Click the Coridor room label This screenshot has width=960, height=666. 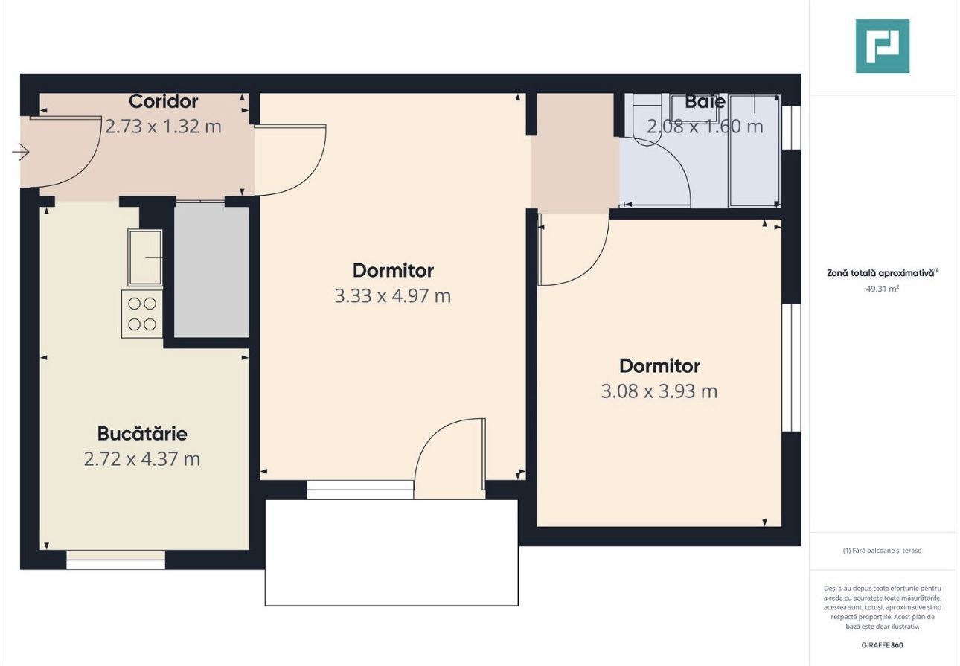click(163, 101)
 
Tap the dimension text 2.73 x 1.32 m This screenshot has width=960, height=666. click(163, 127)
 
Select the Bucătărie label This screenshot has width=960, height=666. click(142, 433)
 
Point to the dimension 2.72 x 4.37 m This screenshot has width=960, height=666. click(142, 458)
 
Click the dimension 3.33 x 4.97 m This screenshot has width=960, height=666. click(393, 296)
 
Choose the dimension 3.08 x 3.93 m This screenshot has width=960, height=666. click(659, 391)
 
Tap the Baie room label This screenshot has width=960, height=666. click(705, 102)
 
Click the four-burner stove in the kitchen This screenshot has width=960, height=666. click(142, 313)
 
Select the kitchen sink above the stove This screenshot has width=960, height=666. click(145, 257)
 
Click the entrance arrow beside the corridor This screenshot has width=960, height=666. click(21, 153)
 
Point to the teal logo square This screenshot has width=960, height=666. click(883, 46)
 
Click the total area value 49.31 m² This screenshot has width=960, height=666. click(882, 289)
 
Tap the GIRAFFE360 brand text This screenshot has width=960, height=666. click(882, 645)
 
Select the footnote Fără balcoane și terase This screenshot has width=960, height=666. click(882, 551)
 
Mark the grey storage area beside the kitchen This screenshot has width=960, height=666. click(211, 272)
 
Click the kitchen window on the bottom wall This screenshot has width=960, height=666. click(115, 560)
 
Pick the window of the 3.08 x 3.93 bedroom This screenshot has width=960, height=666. click(792, 367)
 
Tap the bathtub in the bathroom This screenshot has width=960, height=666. click(754, 150)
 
